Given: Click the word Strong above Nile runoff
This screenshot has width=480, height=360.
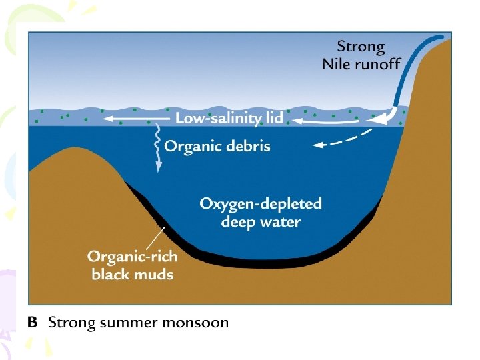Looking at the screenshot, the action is pyautogui.click(x=361, y=47).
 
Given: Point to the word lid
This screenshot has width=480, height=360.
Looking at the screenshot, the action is pyautogui.click(x=274, y=119).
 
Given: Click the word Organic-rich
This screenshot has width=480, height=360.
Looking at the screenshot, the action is pyautogui.click(x=131, y=256).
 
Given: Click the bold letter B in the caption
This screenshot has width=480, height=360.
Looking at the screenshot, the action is pyautogui.click(x=32, y=323).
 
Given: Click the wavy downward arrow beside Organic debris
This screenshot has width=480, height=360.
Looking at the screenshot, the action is pyautogui.click(x=158, y=147).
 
